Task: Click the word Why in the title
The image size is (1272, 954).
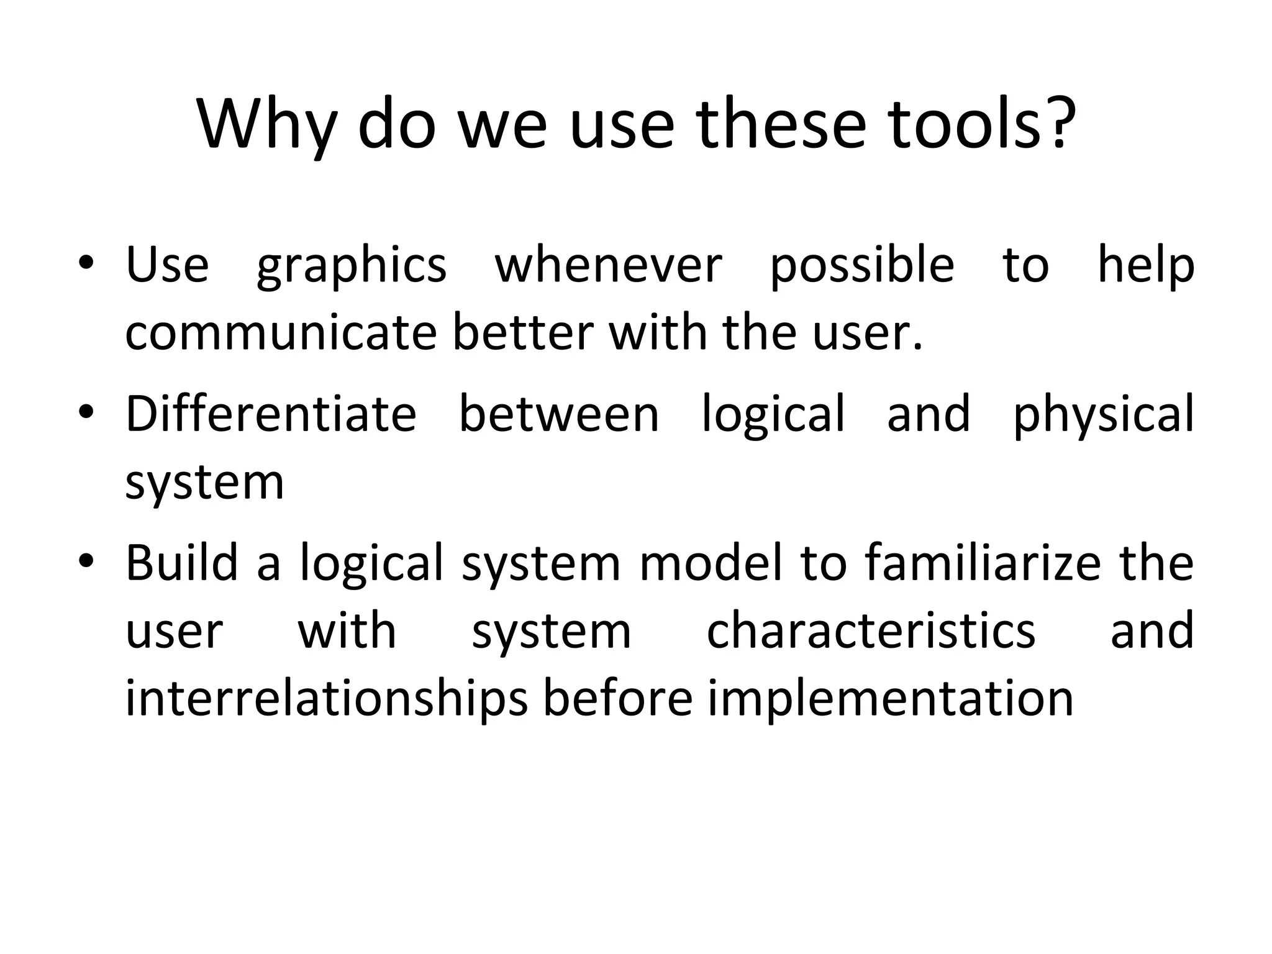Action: pos(266,124)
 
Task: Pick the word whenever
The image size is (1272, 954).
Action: pos(609,265)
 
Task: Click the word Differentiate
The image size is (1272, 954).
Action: pos(271,414)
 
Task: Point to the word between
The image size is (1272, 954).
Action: pos(559,414)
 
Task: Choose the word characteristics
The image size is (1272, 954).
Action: pos(871,631)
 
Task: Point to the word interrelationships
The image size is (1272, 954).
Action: pos(327,699)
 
